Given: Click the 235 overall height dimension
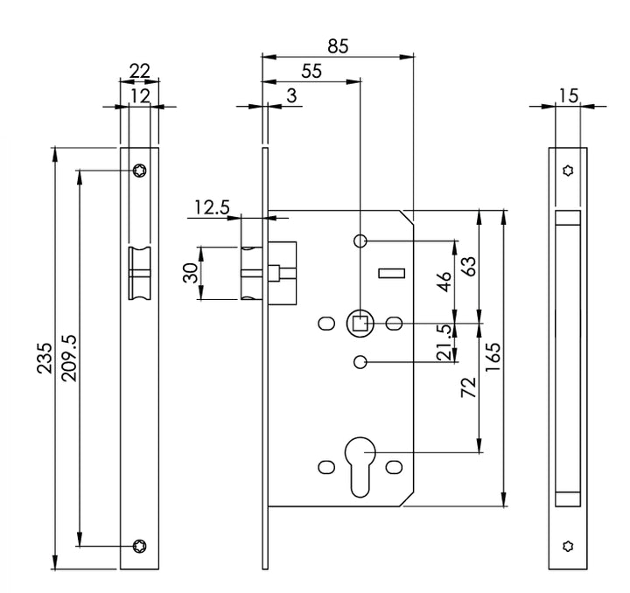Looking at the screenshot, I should pos(44,357).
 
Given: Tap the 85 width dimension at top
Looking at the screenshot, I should pos(337,46).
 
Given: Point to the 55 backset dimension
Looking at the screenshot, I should pos(310,72).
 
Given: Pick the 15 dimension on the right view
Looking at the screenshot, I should pos(569,95).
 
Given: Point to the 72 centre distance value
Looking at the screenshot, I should pos(467,387).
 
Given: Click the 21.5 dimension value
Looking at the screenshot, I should pos(444,342).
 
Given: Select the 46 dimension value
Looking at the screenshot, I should pos(444,282).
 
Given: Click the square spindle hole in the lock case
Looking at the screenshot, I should pos(360,324).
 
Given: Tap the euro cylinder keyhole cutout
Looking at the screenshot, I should pos(360,464).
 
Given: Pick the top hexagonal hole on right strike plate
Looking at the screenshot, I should pos(568,171).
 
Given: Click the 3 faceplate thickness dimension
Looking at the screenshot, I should pos(290,95).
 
